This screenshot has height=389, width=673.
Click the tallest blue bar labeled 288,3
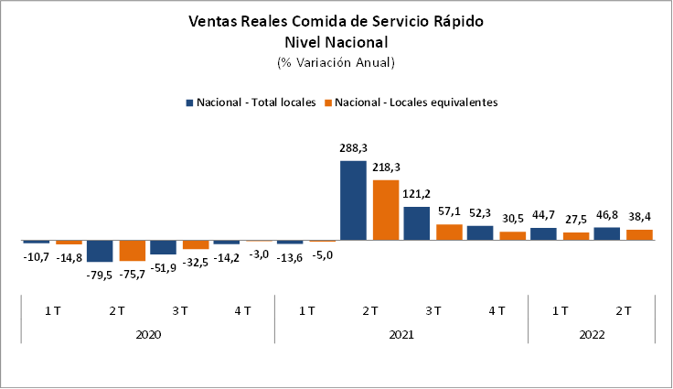(353, 200)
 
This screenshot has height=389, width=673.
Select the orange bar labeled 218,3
(385, 210)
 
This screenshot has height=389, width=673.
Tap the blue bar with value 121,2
(416, 223)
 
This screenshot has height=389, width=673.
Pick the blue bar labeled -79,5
(100, 251)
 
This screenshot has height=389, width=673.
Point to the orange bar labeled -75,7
(132, 250)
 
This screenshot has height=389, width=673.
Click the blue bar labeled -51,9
(163, 247)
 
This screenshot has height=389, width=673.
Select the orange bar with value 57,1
(448, 232)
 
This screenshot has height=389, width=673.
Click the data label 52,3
(479, 213)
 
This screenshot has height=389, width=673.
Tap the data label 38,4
(638, 217)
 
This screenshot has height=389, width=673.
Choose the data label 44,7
(543, 215)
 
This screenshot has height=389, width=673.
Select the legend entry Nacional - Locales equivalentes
(417, 103)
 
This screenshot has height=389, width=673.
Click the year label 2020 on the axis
(148, 334)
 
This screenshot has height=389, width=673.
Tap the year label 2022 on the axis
(592, 334)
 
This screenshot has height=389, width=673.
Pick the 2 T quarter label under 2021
(370, 311)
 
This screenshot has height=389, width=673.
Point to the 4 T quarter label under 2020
(243, 311)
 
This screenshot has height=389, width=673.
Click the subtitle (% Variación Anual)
(336, 63)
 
